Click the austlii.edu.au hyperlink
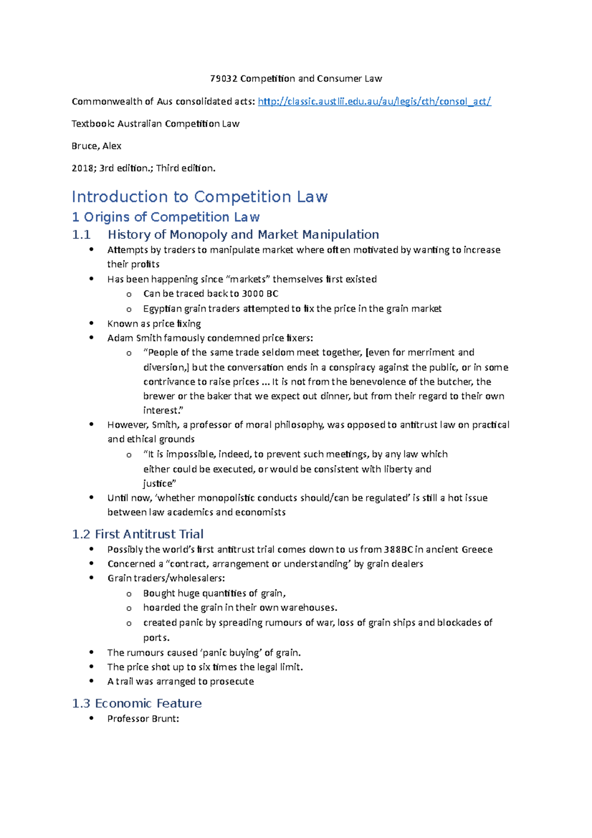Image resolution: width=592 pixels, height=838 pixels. pyautogui.click(x=374, y=102)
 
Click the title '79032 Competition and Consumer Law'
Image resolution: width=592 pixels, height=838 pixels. pyautogui.click(x=296, y=78)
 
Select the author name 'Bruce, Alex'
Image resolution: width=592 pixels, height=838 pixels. pyautogui.click(x=97, y=146)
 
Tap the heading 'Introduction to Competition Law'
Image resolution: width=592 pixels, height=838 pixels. pyautogui.click(x=199, y=196)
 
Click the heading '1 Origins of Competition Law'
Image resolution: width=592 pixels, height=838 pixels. pyautogui.click(x=166, y=217)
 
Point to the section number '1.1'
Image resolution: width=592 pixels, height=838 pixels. pyautogui.click(x=81, y=234)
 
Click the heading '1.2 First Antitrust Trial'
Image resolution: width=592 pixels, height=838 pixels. pyautogui.click(x=138, y=534)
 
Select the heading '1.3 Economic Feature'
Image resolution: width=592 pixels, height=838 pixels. pyautogui.click(x=137, y=703)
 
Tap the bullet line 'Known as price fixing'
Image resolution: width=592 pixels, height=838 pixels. pyautogui.click(x=154, y=324)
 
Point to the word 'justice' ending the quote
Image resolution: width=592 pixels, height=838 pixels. pyautogui.click(x=158, y=484)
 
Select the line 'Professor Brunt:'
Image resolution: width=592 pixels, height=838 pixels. pyautogui.click(x=143, y=719)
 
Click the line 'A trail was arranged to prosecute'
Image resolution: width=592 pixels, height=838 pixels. pyautogui.click(x=181, y=682)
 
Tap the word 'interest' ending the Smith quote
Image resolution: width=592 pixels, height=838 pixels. pyautogui.click(x=160, y=411)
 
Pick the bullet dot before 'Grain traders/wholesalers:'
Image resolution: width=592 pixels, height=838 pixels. pyautogui.click(x=91, y=578)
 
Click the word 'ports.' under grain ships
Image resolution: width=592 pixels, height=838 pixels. pyautogui.click(x=156, y=638)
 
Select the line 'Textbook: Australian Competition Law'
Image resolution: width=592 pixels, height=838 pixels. pyautogui.click(x=155, y=124)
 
